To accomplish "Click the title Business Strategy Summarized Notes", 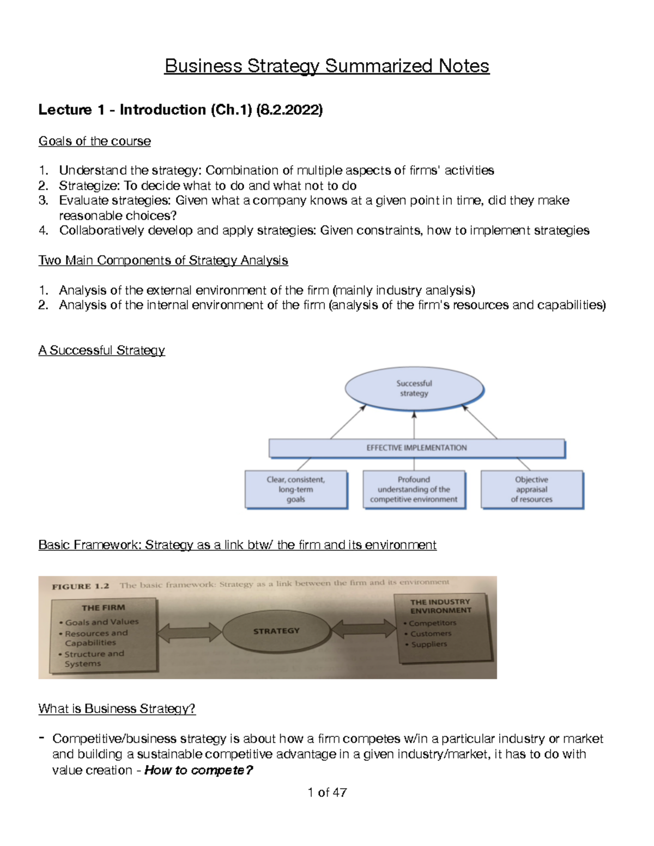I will (x=327, y=66).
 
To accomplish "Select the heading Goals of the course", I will (x=94, y=141).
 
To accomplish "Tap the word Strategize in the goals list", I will (x=89, y=186).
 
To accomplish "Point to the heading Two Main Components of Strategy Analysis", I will (x=163, y=260).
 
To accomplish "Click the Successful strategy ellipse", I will (x=414, y=388).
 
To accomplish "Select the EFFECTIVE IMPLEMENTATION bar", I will (x=416, y=448).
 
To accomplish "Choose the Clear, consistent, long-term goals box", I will (x=296, y=489).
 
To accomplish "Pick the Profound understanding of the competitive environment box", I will (x=414, y=489).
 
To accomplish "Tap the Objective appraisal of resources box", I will (x=531, y=489).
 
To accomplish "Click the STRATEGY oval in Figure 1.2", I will (x=276, y=631).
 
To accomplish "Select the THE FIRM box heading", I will (x=103, y=607).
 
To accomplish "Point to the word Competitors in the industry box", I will (x=433, y=623).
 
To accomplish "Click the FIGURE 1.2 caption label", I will (x=80, y=587).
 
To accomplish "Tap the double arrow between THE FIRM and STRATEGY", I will (x=189, y=632).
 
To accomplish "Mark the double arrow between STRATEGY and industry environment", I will (x=364, y=629).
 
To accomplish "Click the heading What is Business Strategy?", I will (x=117, y=709).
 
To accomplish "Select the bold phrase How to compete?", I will (x=198, y=770).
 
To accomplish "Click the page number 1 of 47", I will (x=327, y=793).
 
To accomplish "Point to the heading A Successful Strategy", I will (x=101, y=350).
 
